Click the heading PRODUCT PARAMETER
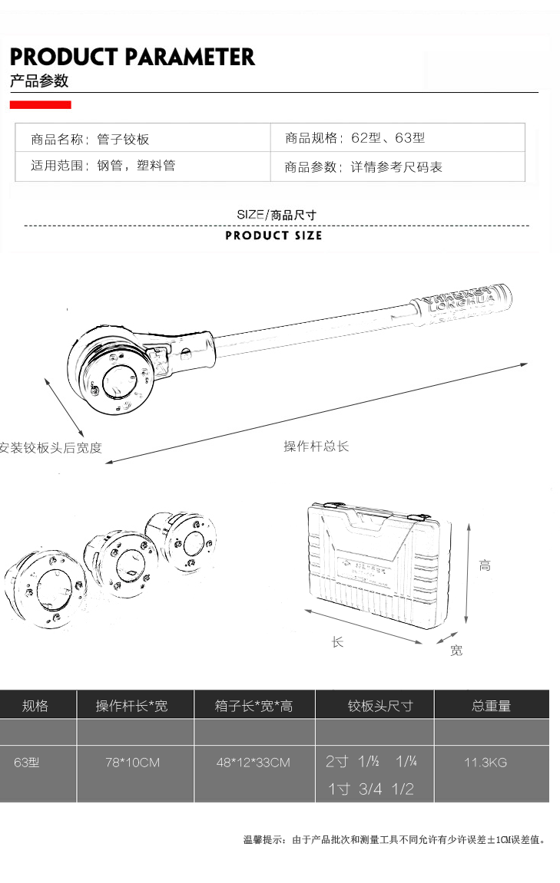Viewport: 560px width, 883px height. coord(132,57)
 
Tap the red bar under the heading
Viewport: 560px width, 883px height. coord(40,104)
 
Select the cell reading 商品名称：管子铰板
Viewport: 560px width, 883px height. coord(90,139)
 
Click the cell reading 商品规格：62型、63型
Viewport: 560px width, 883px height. coord(355,138)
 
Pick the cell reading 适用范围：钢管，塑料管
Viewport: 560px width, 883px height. coord(103,165)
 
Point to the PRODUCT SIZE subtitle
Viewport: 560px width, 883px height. coord(273,236)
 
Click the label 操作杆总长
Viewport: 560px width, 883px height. coord(316,446)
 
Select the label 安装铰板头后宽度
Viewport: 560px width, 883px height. coord(51,447)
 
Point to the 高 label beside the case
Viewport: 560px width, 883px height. coord(484,566)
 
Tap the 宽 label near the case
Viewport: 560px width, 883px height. coord(456,651)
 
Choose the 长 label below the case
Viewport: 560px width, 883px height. coord(337,641)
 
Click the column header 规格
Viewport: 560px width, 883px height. coord(35,705)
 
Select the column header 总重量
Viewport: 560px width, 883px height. coord(491,706)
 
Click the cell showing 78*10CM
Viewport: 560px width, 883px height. coord(133,763)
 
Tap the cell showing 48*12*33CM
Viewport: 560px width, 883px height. coord(253,763)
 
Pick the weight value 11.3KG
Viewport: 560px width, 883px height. coord(485,763)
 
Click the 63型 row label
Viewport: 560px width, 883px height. coord(27,763)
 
